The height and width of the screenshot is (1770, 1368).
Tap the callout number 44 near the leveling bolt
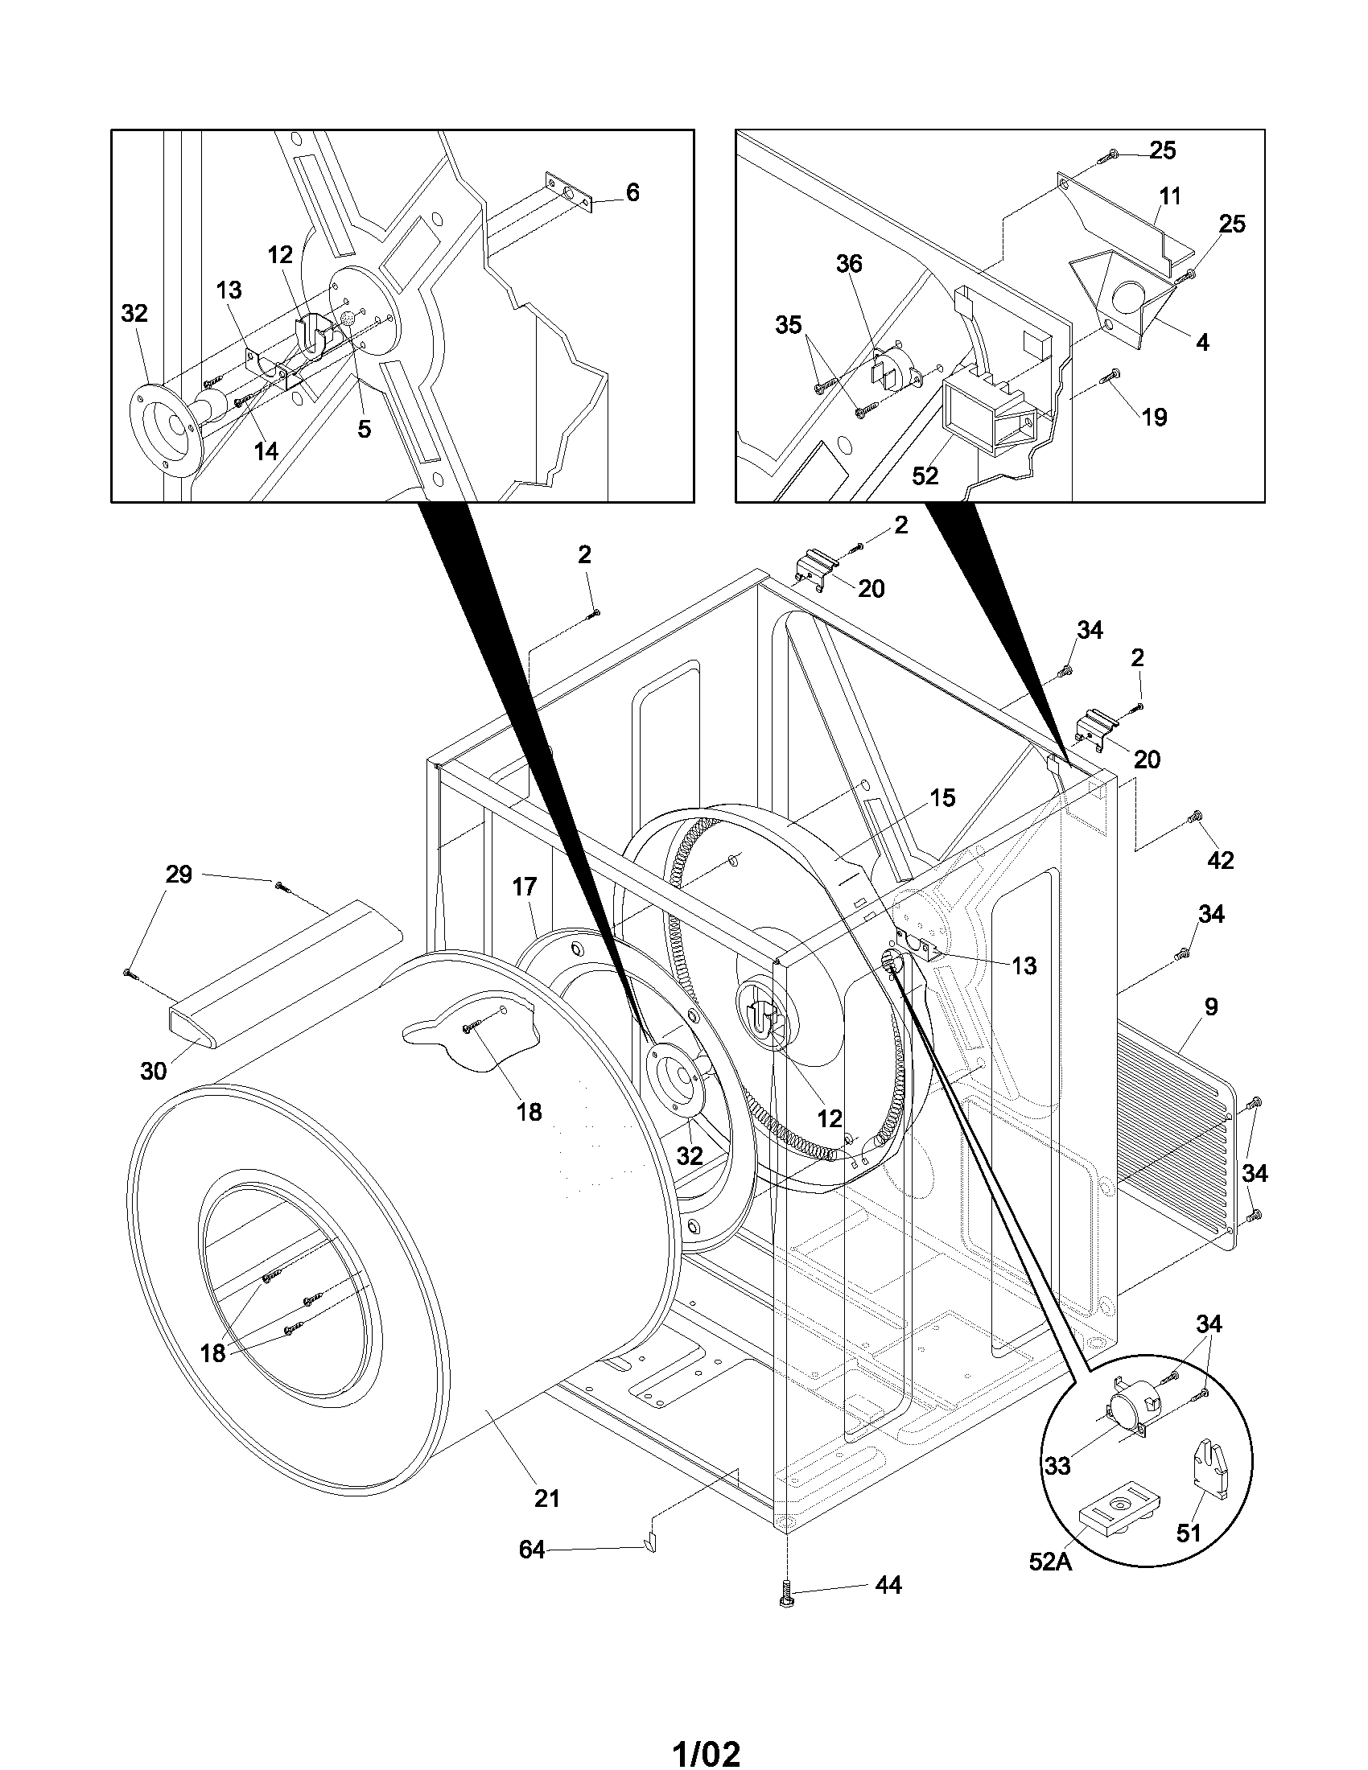tap(888, 1585)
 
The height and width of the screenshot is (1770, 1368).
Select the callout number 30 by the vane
tap(153, 1072)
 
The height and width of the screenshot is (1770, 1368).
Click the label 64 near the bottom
tap(531, 1550)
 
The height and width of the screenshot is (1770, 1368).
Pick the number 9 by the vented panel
tap(1211, 1006)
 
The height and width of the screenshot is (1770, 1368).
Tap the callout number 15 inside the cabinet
tap(942, 797)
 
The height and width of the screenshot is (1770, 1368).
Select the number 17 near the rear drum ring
tap(525, 887)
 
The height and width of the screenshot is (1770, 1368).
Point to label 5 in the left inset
tap(364, 429)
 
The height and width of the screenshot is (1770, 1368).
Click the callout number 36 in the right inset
tap(849, 263)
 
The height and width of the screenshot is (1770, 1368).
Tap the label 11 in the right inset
tap(1170, 196)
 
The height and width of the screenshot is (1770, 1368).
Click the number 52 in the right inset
tap(925, 475)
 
